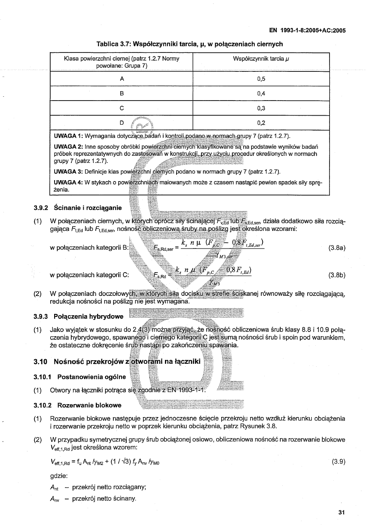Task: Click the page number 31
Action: (342, 512)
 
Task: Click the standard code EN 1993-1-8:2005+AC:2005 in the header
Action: (307, 31)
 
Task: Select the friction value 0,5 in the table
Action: (261, 79)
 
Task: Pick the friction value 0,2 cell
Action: (261, 123)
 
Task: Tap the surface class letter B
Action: (122, 94)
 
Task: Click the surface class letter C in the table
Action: (122, 108)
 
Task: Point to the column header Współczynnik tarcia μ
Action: (261, 58)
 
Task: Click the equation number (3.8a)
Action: (337, 248)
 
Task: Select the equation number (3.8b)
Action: (337, 274)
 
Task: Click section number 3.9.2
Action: (42, 208)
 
